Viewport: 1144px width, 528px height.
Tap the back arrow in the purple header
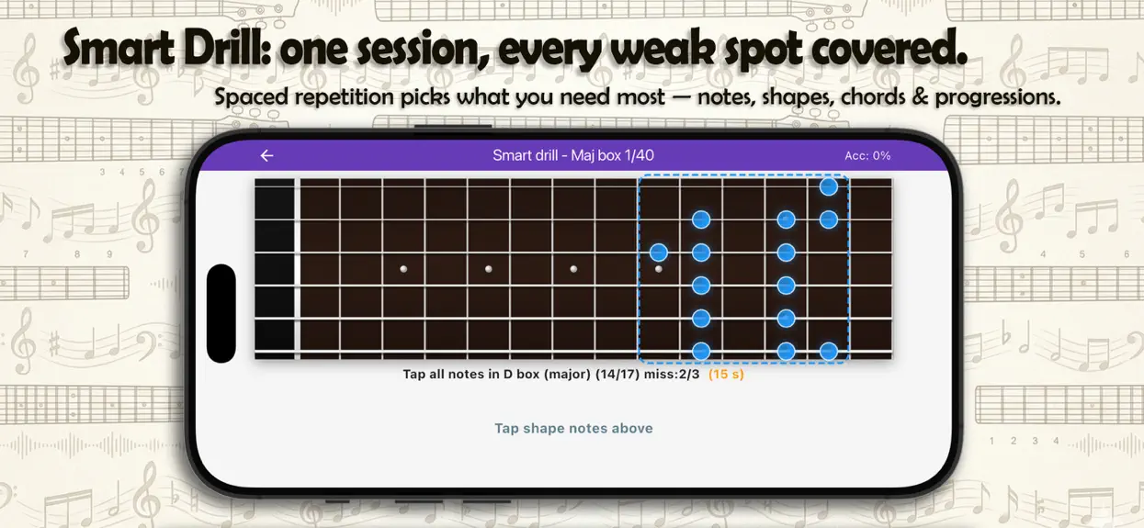pos(267,155)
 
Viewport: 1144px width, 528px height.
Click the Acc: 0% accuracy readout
pos(867,155)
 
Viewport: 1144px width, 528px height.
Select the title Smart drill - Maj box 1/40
pos(573,155)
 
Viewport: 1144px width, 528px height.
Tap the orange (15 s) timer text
pos(726,374)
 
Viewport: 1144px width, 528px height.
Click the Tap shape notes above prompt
pos(573,428)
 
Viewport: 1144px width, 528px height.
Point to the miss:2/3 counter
pos(672,374)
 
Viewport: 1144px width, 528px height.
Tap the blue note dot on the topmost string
pos(829,186)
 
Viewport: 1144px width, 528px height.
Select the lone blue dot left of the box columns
pos(658,252)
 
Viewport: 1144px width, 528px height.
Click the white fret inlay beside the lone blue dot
pos(659,269)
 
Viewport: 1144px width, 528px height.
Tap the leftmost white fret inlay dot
pos(403,269)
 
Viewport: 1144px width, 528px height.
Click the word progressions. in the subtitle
pos(997,97)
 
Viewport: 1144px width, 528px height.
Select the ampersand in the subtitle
pos(920,97)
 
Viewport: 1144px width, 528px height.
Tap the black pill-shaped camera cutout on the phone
pos(221,313)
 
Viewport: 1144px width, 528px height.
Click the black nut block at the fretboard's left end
pos(275,269)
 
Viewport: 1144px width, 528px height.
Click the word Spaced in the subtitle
pos(251,97)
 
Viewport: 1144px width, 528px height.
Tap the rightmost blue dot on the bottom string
pos(829,352)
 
